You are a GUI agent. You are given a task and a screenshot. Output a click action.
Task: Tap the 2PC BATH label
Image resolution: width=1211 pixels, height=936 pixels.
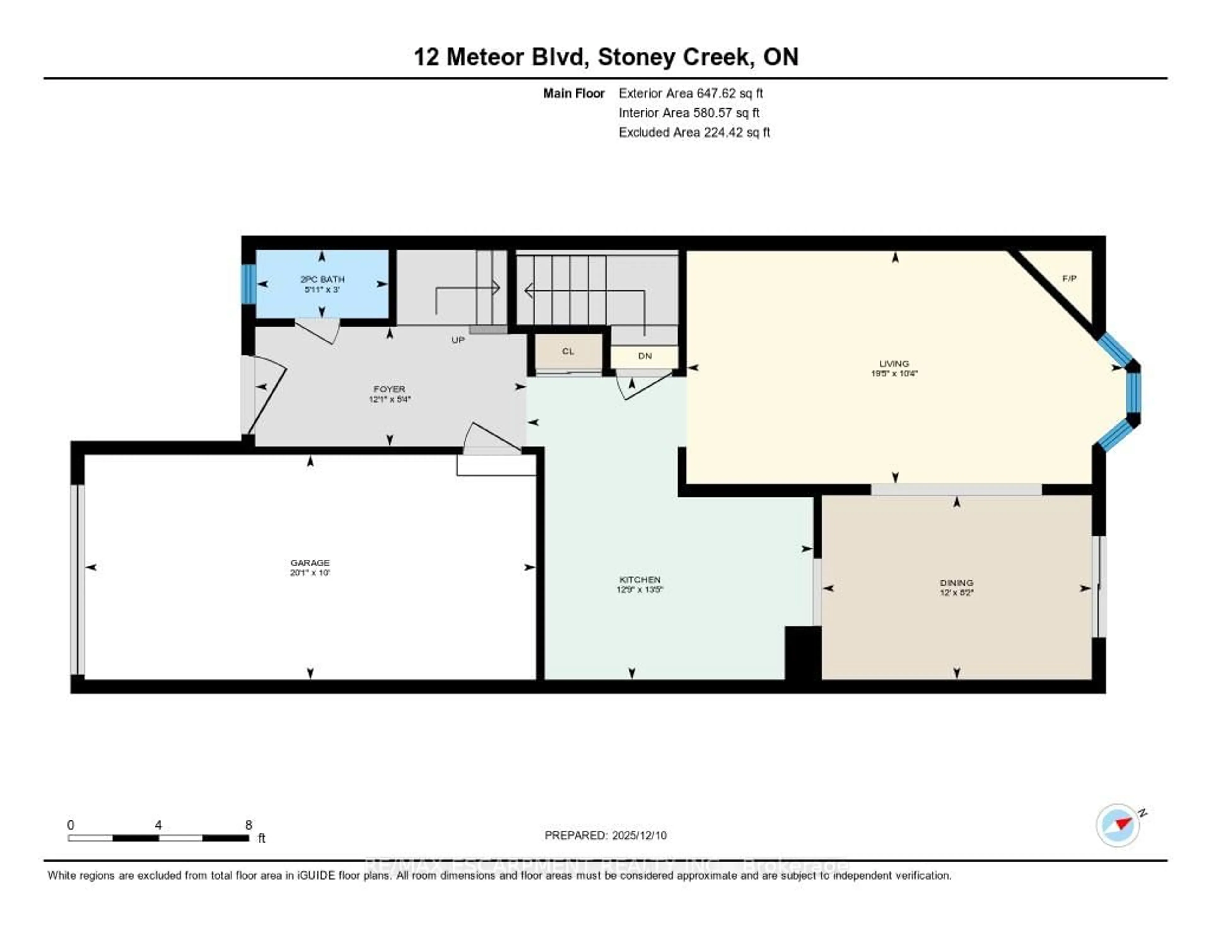(322, 279)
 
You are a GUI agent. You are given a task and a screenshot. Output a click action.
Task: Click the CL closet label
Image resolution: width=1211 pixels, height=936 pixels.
(568, 351)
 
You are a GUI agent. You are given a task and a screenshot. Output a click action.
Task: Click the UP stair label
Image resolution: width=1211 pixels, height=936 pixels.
(458, 340)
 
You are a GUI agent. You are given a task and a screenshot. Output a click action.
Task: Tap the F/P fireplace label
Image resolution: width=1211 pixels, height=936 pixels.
(1069, 279)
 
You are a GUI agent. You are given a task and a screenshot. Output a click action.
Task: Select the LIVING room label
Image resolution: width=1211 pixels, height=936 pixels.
(894, 364)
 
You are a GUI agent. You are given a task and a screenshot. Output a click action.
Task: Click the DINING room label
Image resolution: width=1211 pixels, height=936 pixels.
(957, 583)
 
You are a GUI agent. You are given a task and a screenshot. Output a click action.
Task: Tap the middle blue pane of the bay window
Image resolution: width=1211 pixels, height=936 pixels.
(1134, 392)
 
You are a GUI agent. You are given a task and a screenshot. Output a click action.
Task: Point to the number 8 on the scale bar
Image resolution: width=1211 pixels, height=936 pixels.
(249, 825)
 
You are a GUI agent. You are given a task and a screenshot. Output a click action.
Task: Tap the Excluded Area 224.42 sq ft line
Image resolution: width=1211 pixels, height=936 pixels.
(694, 132)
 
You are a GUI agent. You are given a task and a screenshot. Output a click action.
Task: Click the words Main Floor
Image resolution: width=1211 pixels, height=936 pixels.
(573, 93)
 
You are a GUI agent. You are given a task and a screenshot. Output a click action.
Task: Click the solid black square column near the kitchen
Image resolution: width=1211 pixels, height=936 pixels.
(802, 653)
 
